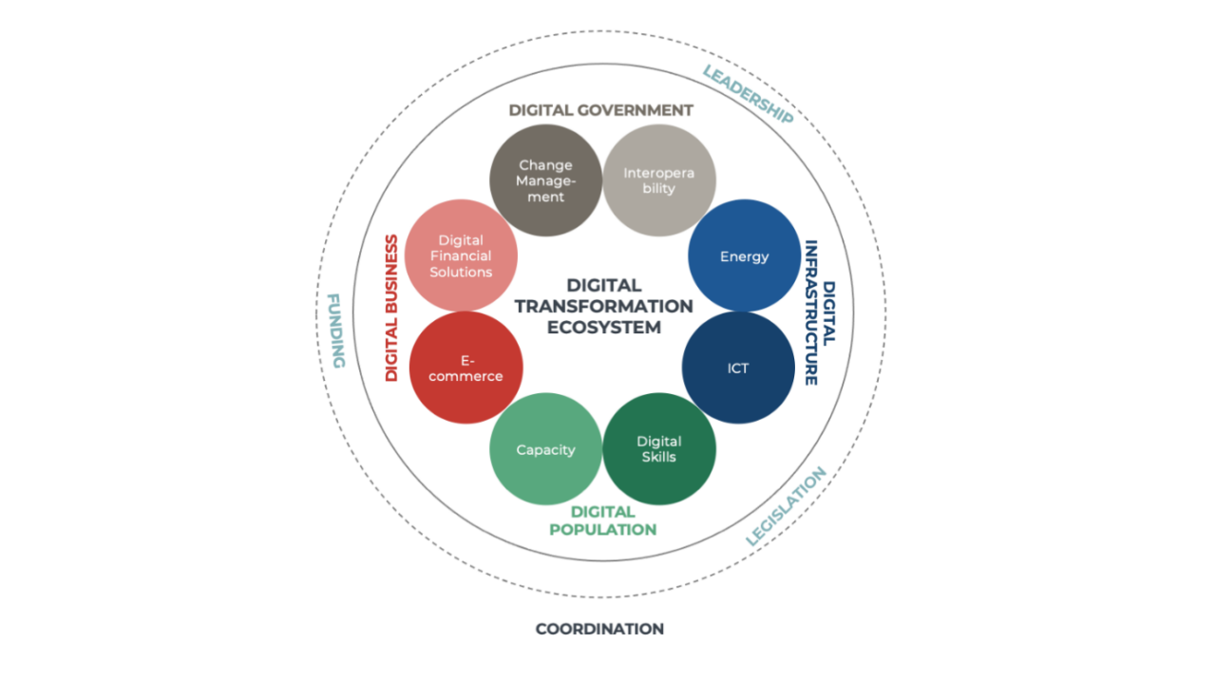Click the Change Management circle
click(545, 180)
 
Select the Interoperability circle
click(658, 180)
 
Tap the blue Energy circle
click(744, 256)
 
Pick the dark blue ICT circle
click(738, 368)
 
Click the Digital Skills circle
click(658, 448)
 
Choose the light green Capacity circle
click(545, 449)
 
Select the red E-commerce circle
click(465, 368)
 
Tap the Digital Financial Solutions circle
click(461, 255)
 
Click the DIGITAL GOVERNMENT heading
click(600, 110)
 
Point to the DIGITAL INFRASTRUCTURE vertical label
click(819, 312)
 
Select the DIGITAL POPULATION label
click(602, 520)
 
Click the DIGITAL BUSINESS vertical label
click(390, 308)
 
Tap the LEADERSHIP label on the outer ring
click(748, 94)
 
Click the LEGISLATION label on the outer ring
click(786, 506)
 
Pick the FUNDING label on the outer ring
click(335, 330)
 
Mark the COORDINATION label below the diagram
click(599, 629)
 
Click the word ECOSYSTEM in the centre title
click(603, 328)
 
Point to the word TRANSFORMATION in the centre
click(603, 306)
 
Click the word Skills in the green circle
click(658, 457)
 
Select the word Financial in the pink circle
click(461, 255)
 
